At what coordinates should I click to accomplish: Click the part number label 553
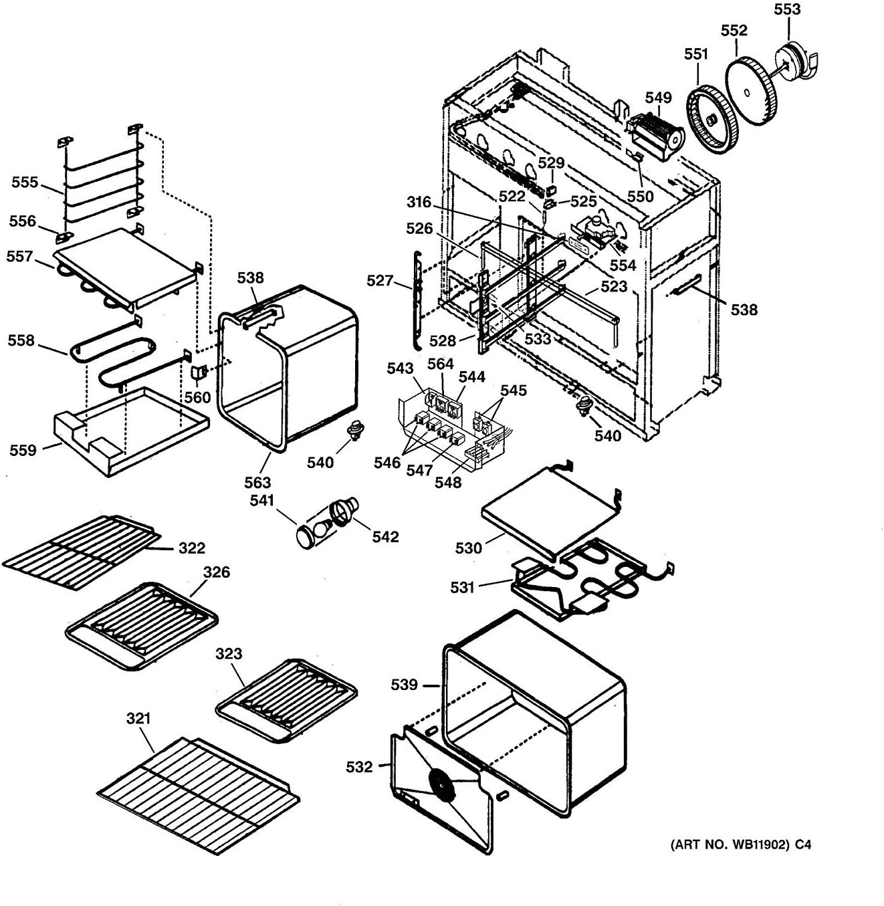pos(787,9)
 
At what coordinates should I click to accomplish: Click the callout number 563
pos(257,482)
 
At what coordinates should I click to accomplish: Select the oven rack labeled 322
pos(80,551)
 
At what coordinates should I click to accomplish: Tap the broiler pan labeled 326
pos(142,625)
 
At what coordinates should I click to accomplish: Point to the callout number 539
pos(404,685)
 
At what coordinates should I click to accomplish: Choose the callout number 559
pos(23,450)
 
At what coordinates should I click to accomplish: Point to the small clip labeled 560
pos(198,372)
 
